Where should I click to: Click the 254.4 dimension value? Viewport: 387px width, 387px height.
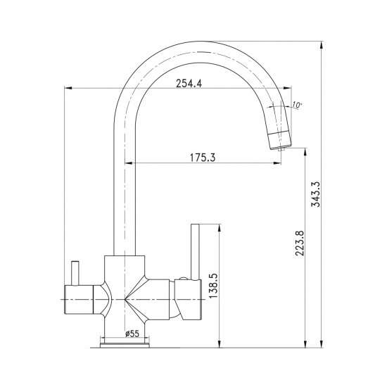(x=189, y=84)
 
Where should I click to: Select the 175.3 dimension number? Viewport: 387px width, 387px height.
(x=203, y=158)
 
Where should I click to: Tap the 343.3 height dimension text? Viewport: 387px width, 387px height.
(x=315, y=194)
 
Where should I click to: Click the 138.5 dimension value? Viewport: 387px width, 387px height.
(x=214, y=286)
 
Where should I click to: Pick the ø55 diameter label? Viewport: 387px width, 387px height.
(x=132, y=334)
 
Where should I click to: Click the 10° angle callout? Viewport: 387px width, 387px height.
(x=297, y=105)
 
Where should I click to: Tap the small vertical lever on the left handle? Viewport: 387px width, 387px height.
(x=75, y=273)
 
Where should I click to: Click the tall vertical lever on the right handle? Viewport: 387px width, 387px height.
(x=195, y=252)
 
